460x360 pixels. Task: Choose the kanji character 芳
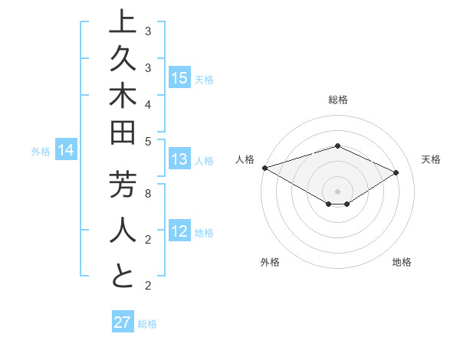[123, 185]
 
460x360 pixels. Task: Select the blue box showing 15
[179, 77]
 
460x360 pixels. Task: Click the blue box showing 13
[179, 159]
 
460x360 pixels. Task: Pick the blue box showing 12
[179, 231]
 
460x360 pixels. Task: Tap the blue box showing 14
[66, 150]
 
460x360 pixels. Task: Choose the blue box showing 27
[123, 322]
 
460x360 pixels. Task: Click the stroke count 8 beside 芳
[148, 194]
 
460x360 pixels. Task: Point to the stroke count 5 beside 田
[148, 141]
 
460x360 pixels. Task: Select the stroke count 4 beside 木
[148, 103]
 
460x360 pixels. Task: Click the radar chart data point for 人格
[264, 168]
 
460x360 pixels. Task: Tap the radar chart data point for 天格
[396, 172]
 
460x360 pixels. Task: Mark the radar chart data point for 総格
[337, 146]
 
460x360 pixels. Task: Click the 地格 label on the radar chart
[402, 263]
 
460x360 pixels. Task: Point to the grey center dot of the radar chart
[337, 191]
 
